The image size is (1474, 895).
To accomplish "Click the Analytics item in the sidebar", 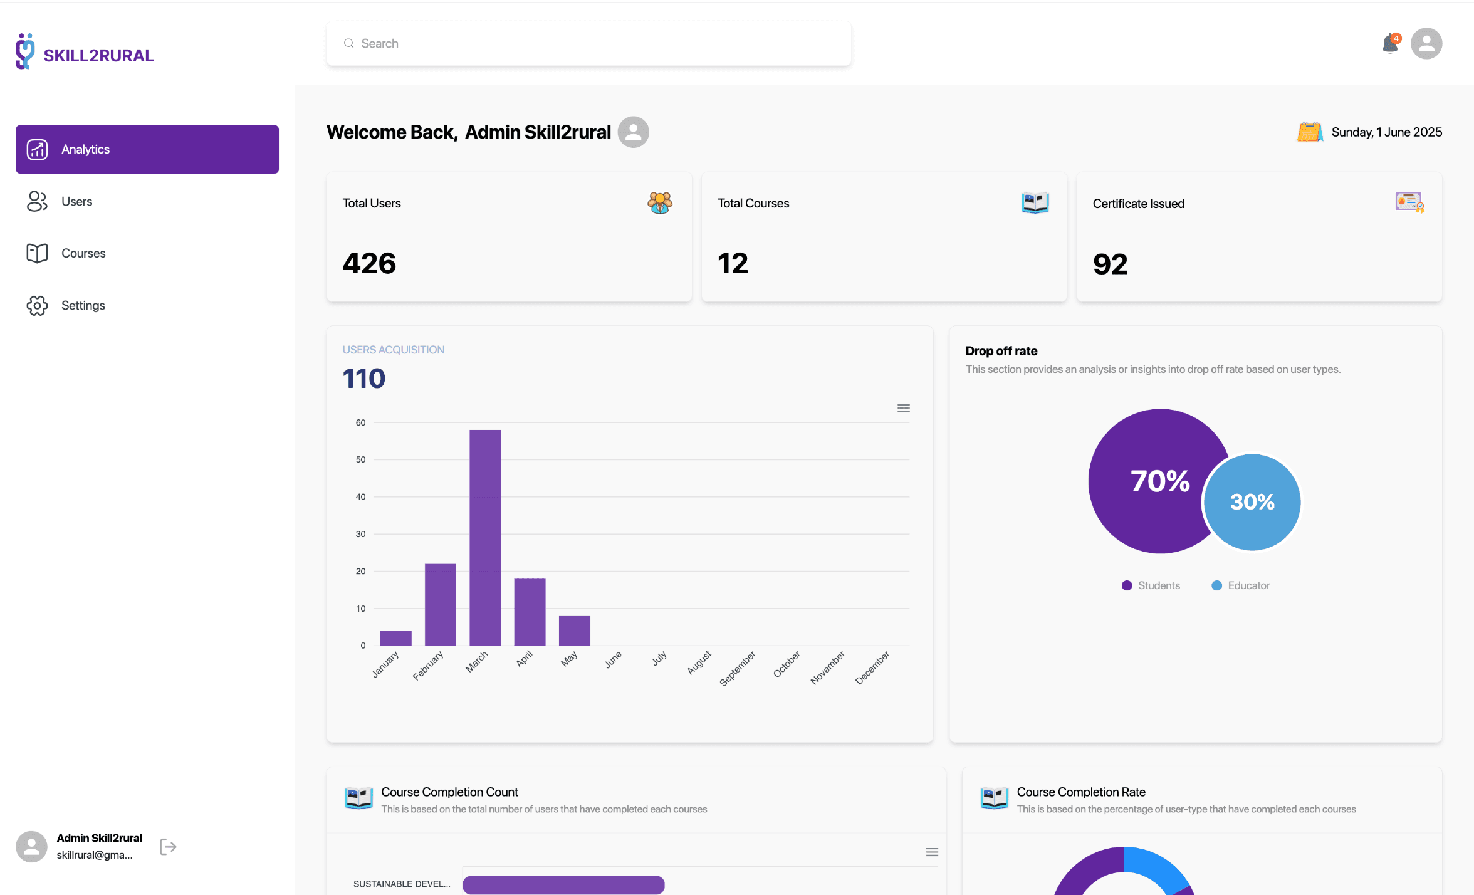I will [147, 149].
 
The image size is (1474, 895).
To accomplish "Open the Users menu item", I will [76, 201].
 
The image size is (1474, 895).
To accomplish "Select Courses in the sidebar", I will [83, 253].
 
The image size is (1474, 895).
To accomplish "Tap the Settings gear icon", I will [37, 305].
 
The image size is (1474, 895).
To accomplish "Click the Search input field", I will [589, 43].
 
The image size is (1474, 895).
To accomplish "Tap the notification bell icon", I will [1390, 43].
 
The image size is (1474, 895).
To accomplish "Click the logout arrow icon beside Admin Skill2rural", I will [168, 847].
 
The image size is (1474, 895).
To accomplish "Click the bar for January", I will [396, 638].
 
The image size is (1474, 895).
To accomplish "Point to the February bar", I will [441, 604].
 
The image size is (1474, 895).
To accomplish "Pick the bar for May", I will [574, 631].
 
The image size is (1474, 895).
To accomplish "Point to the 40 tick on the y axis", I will [360, 496].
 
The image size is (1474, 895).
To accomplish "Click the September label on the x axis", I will [738, 668].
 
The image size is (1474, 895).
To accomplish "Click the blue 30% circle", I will [1252, 502].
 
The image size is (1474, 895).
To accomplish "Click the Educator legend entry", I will [1241, 585].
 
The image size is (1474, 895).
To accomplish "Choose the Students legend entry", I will [1151, 585].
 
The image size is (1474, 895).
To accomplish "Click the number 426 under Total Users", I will [370, 263].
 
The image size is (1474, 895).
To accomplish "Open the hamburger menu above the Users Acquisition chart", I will [903, 408].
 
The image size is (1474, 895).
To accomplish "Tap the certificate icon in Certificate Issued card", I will [1409, 202].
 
